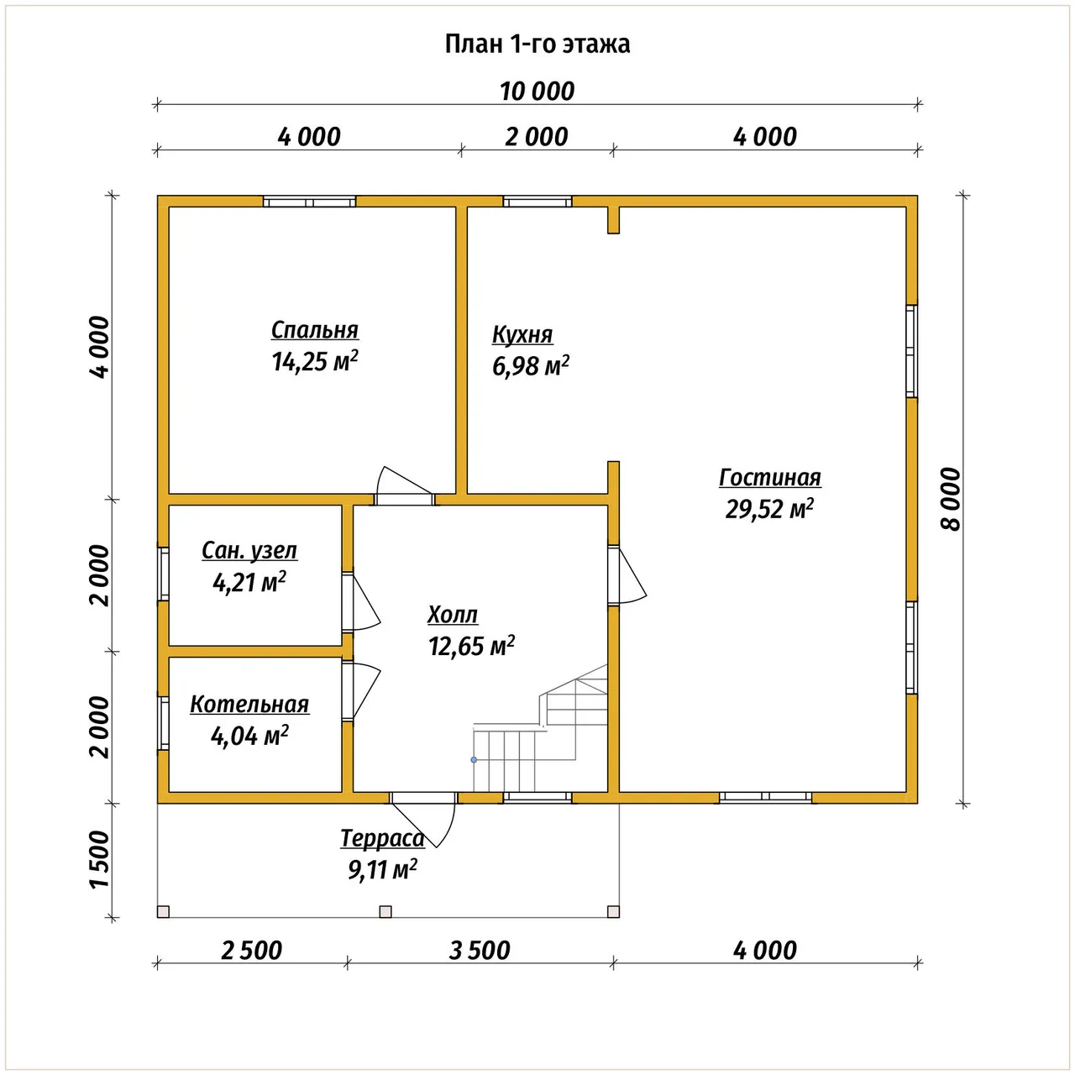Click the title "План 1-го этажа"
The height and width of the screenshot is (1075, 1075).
[537, 44]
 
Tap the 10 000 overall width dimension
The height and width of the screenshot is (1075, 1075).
[537, 92]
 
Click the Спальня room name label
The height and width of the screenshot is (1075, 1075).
[315, 330]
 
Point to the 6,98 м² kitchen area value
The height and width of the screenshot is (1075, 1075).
[531, 366]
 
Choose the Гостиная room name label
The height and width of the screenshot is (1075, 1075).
[770, 478]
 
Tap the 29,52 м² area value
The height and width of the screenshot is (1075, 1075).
[769, 509]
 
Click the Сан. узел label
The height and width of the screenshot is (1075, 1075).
[249, 551]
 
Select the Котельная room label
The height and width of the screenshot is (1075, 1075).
[249, 705]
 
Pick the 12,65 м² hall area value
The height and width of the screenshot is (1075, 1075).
[471, 646]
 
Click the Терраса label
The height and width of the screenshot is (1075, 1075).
[383, 838]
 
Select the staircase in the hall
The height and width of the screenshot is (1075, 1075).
[540, 728]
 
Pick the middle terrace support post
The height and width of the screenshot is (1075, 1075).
[385, 911]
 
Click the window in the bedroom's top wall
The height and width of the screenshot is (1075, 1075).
[309, 202]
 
